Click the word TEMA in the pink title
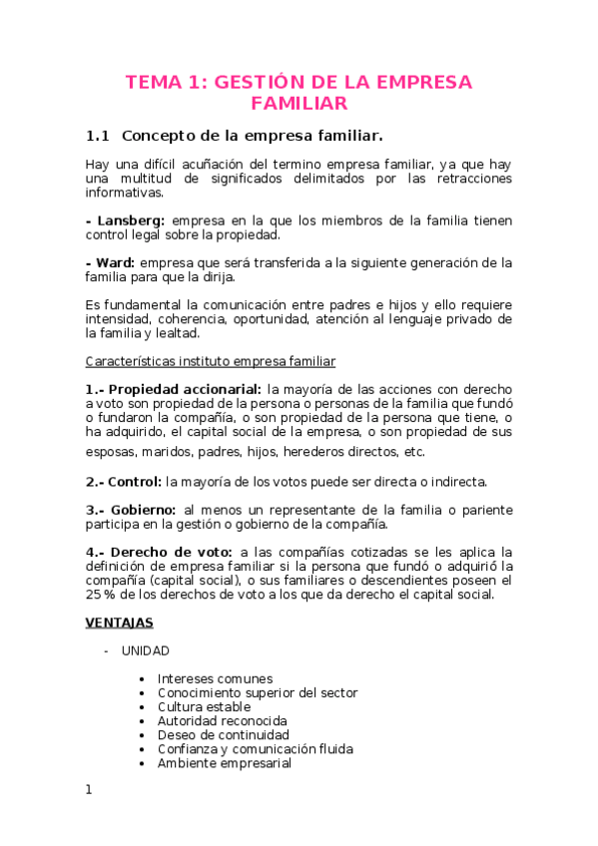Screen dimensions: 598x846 click(x=152, y=82)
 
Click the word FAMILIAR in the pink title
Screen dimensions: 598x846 click(x=299, y=103)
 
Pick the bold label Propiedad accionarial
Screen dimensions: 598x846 click(x=185, y=388)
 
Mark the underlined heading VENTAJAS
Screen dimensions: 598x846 click(x=119, y=623)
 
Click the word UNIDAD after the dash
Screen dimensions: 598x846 click(x=146, y=650)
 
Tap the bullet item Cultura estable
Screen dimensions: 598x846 click(x=204, y=706)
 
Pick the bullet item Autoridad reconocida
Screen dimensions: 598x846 click(x=222, y=720)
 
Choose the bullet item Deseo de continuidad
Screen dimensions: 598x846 click(x=223, y=734)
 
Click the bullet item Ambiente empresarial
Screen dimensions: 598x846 click(x=224, y=763)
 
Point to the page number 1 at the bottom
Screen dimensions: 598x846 click(x=89, y=790)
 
